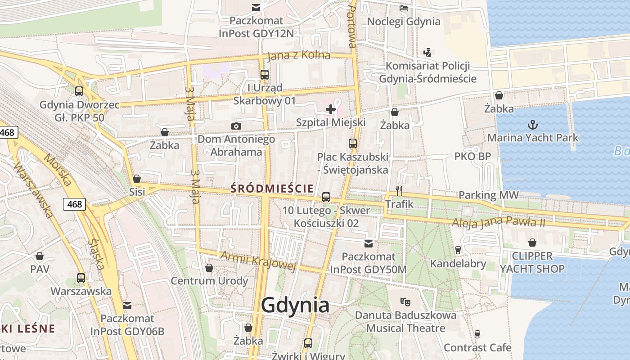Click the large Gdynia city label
pyautogui.click(x=295, y=306)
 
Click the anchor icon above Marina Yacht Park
pyautogui.click(x=533, y=124)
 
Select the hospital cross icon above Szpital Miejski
pyautogui.click(x=331, y=109)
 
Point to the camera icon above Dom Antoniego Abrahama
pyautogui.click(x=236, y=126)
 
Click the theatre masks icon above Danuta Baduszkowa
pyautogui.click(x=405, y=302)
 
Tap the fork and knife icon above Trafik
pyautogui.click(x=399, y=190)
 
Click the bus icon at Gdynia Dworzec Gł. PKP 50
pyautogui.click(x=79, y=91)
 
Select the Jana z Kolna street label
pyautogui.click(x=298, y=56)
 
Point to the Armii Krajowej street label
pyautogui.click(x=258, y=261)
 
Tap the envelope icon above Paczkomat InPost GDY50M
pyautogui.click(x=369, y=243)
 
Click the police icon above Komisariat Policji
pyautogui.click(x=427, y=52)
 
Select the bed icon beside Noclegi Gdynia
pyautogui.click(x=404, y=8)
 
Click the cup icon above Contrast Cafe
pyautogui.click(x=477, y=334)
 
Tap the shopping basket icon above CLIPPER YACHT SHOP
pyautogui.click(x=532, y=243)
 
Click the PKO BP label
pyautogui.click(x=472, y=157)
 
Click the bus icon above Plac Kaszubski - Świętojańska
pyautogui.click(x=353, y=144)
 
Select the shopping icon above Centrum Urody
pyautogui.click(x=209, y=268)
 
